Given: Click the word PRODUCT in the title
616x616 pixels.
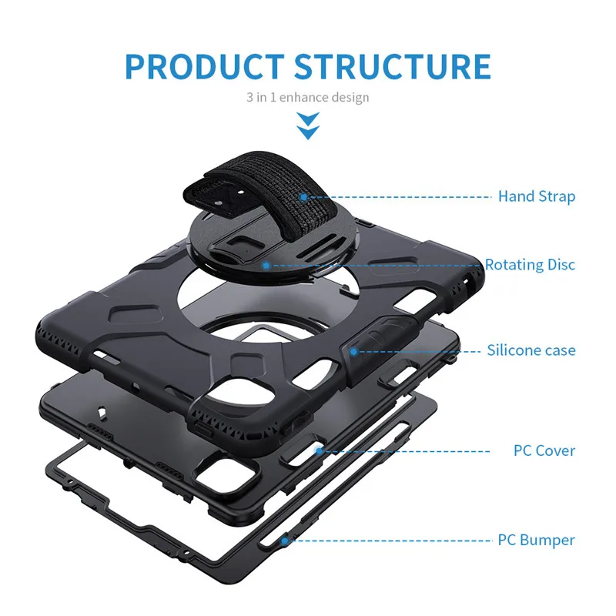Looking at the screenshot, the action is pos(205,66).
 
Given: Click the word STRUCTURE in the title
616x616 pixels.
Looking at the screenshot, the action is pos(393,66).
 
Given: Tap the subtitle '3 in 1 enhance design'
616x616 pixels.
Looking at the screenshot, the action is pos(307,97).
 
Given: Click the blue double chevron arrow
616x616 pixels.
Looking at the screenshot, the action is pos(308,126).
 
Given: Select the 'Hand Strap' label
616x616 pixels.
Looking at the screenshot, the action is pos(537,196).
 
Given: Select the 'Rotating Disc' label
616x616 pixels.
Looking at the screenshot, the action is pos(530,264).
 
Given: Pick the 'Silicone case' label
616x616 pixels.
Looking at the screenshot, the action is pos(531,350).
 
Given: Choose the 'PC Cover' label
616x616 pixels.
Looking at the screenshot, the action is pos(544,450).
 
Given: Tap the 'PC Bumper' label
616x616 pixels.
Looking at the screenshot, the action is pos(536,540).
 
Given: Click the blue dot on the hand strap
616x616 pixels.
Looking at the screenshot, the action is pos(303,197).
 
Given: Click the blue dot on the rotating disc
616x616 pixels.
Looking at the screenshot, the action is pos(266,266).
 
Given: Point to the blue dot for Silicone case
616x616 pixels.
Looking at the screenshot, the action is pos(353,352).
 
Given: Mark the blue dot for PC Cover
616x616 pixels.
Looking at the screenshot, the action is pos(319,451).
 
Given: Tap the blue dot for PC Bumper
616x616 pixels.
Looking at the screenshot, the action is pos(285,541).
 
